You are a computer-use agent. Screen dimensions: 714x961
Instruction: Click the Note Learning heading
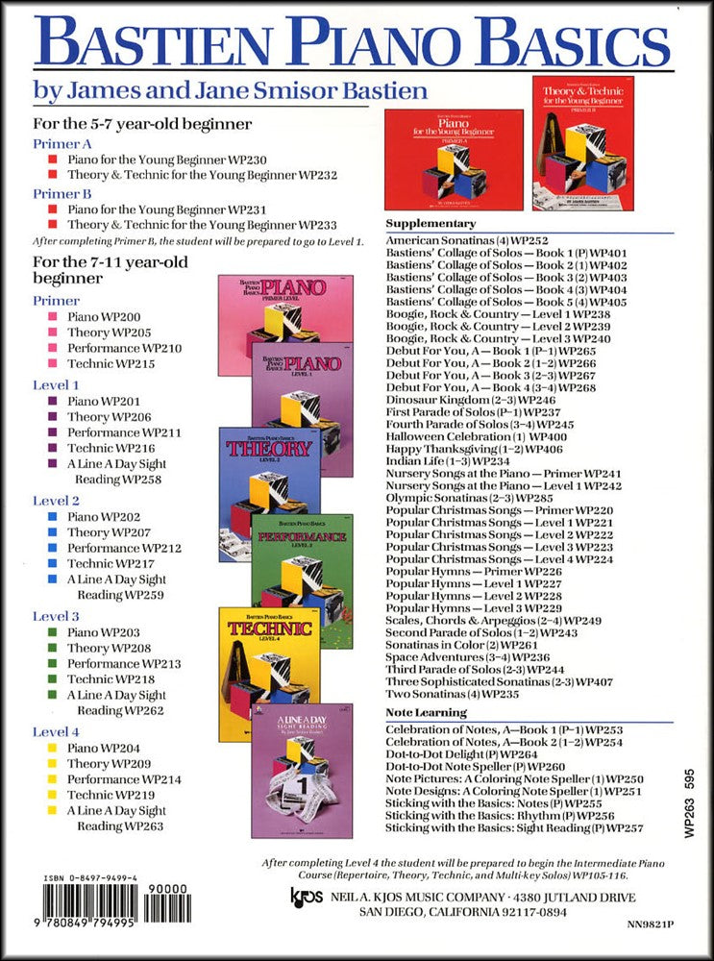(x=426, y=712)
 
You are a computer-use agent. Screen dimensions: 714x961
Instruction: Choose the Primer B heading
(x=62, y=192)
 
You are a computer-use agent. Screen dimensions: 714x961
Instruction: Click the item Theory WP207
(x=103, y=532)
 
